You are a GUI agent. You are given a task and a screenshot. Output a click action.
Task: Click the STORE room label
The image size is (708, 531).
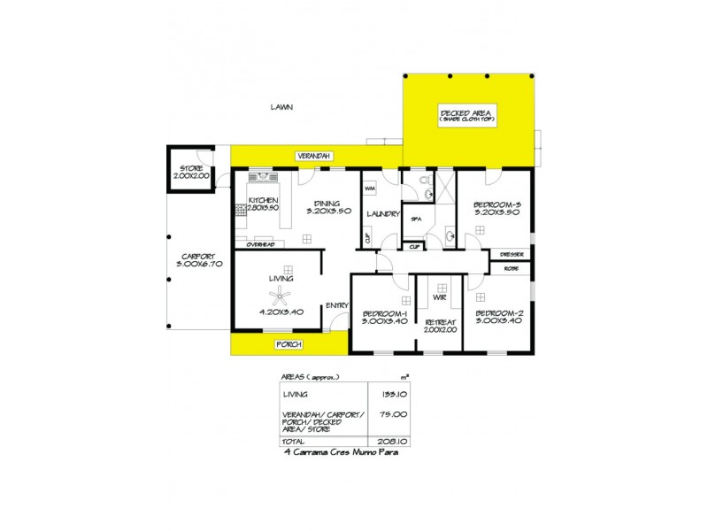(x=192, y=168)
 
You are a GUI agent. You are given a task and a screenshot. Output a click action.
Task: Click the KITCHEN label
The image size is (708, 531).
(x=264, y=201)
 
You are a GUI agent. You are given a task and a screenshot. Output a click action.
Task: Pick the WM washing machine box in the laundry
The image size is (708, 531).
(x=369, y=188)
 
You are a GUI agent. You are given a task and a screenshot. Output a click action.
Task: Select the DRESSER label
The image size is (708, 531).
(x=512, y=255)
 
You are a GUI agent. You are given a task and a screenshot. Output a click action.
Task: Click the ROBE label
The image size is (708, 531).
(x=511, y=267)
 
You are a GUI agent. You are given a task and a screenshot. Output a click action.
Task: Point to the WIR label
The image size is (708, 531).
(x=440, y=297)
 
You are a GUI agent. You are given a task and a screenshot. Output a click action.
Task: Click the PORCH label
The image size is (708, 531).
(x=289, y=343)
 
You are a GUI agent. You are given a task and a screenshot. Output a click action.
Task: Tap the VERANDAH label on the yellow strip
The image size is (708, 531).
(x=314, y=156)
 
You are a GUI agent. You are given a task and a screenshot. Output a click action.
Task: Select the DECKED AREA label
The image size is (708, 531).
(x=468, y=112)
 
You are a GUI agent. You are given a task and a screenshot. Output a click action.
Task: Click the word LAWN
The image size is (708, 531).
(x=281, y=107)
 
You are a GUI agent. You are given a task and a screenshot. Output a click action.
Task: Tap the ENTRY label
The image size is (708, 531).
(x=336, y=305)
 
